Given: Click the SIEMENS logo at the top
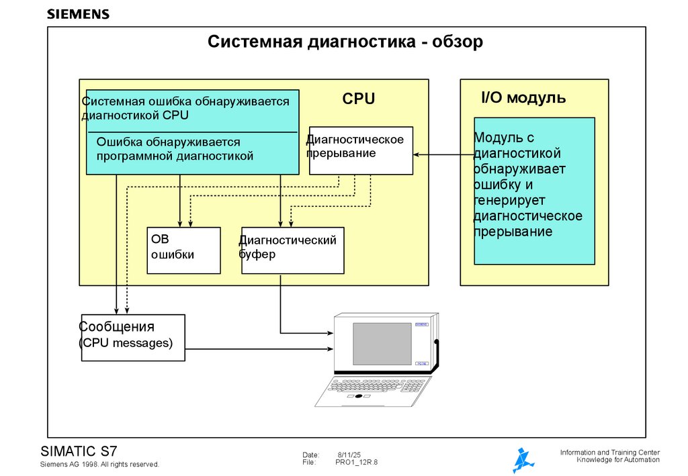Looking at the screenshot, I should tap(78, 14).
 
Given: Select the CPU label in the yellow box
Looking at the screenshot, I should tap(358, 99).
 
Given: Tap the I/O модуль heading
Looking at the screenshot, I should tap(523, 98).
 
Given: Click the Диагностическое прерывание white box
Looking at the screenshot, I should tap(361, 150).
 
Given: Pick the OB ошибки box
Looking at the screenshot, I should tap(183, 250).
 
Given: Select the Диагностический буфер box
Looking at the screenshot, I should tap(292, 250).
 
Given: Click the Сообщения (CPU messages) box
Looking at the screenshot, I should tap(133, 338).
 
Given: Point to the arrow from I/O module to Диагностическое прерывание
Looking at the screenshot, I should tap(443, 154).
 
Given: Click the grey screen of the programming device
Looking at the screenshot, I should tap(382, 343).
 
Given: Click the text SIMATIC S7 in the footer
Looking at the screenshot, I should tap(79, 450).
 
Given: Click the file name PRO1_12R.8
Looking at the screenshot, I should tap(357, 463).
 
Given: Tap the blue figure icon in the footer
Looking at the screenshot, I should tap(523, 460).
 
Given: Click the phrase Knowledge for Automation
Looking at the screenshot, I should tap(618, 460).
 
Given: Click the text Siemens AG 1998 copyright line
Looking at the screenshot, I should tap(99, 464).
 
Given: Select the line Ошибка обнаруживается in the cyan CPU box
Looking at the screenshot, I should tap(168, 142).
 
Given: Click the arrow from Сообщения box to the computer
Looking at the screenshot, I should tap(259, 348).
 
